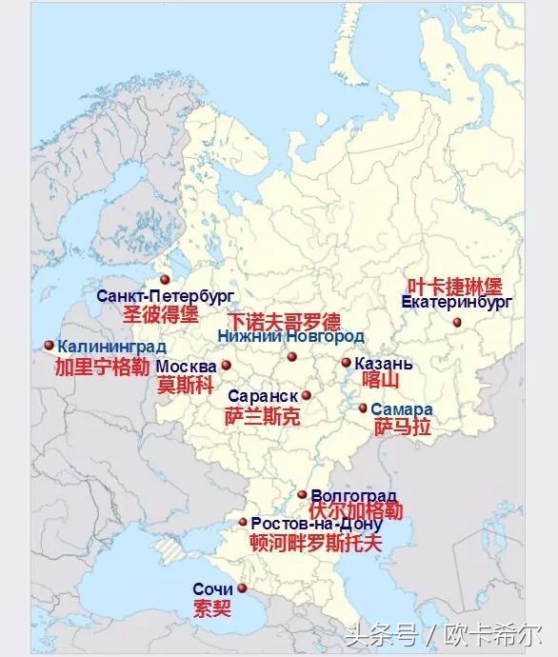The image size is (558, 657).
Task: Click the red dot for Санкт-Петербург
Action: [165, 279]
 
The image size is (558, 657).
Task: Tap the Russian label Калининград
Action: [111, 347]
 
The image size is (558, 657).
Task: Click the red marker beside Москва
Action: [227, 365]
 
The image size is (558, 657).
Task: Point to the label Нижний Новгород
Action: [289, 337]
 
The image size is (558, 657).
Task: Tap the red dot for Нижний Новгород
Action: [292, 358]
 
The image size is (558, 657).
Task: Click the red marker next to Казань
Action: [347, 362]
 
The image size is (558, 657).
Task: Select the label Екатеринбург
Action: [457, 302]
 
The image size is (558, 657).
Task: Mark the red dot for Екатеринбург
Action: [456, 326]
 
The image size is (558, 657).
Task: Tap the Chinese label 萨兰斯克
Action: [262, 416]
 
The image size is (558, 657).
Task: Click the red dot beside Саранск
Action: [307, 395]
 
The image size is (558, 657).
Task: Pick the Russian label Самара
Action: [401, 409]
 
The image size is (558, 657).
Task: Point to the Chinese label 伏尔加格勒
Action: [356, 512]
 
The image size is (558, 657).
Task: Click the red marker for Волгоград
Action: [302, 494]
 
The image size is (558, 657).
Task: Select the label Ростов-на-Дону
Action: [316, 525]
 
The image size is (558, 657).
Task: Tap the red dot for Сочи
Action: [242, 588]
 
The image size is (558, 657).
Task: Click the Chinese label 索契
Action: [211, 607]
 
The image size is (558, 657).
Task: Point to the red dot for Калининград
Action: [49, 346]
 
